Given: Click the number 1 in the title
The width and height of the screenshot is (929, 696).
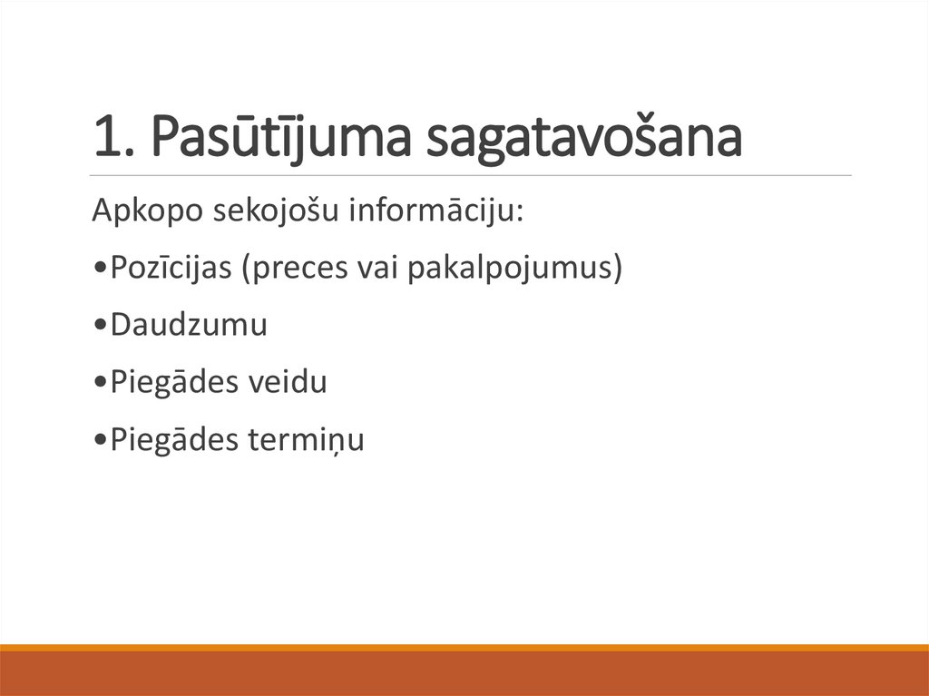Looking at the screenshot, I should click(x=103, y=137).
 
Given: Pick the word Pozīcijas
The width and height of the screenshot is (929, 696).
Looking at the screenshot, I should click(x=170, y=269).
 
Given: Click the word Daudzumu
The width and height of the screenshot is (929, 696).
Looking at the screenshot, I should click(x=189, y=325).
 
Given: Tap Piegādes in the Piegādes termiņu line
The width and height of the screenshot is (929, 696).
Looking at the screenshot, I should click(x=173, y=439).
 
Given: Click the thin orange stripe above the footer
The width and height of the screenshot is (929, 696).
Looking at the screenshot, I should click(x=464, y=647).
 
